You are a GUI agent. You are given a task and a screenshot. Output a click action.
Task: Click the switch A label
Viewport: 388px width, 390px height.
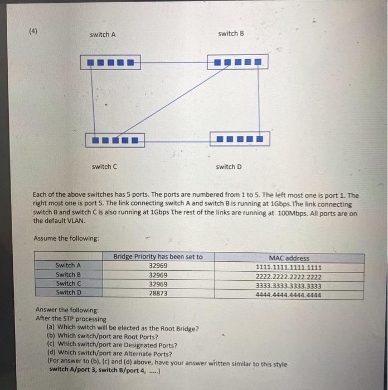click(x=103, y=35)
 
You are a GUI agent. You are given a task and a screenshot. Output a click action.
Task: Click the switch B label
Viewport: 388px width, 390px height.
click(x=231, y=33)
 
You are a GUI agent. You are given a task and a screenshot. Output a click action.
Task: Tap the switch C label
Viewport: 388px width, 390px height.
click(x=104, y=167)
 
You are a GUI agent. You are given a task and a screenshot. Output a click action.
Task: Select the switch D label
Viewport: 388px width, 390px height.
click(x=229, y=167)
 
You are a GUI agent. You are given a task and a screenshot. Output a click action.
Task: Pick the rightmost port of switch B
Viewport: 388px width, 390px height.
click(x=258, y=62)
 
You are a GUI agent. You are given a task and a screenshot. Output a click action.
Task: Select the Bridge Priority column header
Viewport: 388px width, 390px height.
click(x=158, y=257)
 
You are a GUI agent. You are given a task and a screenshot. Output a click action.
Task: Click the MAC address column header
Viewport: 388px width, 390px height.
click(x=289, y=258)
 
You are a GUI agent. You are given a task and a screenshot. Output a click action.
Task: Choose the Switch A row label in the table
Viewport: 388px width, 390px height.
click(x=69, y=266)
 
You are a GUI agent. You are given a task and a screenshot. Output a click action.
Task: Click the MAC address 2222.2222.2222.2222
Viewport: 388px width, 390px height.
click(x=288, y=276)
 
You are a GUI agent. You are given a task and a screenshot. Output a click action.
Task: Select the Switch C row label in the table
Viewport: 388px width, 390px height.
click(x=69, y=284)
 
